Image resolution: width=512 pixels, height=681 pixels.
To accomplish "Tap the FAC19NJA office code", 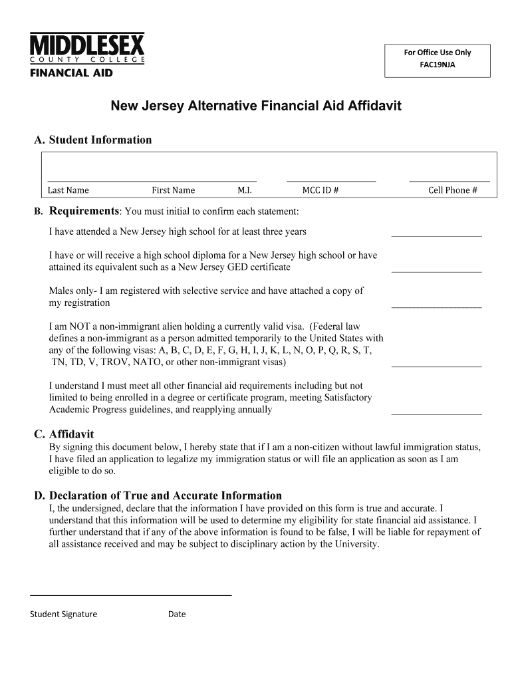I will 438,66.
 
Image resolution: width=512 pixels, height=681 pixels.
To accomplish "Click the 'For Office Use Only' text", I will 438,53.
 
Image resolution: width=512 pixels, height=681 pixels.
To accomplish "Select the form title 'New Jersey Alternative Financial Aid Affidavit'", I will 256,106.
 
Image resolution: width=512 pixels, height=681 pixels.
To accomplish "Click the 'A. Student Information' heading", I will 93,140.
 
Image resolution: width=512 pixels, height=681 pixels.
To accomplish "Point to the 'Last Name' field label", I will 68,190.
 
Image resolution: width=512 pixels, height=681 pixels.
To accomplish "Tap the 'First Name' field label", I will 173,190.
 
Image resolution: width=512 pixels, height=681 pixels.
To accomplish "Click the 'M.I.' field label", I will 244,190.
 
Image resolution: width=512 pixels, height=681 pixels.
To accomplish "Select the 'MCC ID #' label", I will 320,190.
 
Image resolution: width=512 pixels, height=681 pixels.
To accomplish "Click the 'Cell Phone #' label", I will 453,190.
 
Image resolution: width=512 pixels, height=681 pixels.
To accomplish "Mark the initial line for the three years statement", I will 436,235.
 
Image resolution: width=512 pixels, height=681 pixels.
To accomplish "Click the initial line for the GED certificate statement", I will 436,271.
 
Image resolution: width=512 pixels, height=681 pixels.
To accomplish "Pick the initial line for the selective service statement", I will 436,306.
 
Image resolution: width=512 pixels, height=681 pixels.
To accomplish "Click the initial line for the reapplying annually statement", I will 436,413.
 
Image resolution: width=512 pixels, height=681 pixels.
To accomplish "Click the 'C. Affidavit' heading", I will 64,434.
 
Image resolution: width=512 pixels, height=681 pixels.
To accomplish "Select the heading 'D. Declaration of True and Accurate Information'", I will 158,495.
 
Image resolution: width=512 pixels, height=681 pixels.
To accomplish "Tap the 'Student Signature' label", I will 63,614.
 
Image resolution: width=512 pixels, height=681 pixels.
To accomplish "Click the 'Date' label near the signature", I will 177,614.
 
